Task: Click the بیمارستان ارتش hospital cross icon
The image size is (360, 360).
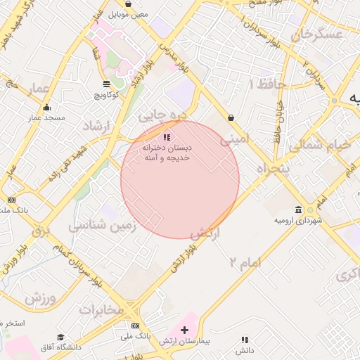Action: click(185, 330)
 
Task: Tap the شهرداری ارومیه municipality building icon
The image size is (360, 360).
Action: click(300, 210)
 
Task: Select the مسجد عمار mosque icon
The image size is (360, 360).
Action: click(47, 107)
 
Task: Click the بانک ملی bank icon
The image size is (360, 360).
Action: click(135, 326)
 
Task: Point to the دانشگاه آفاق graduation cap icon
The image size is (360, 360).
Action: click(60, 337)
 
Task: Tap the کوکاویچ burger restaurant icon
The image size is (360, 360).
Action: click(106, 84)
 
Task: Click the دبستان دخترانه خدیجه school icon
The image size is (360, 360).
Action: click(167, 137)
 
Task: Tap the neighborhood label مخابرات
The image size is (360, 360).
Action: click(101, 309)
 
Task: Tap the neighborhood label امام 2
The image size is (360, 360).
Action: click(244, 262)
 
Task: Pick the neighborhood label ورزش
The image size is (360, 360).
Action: click(40, 298)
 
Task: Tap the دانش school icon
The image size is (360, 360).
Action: click(245, 340)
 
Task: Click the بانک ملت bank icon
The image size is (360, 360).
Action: click(11, 200)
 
